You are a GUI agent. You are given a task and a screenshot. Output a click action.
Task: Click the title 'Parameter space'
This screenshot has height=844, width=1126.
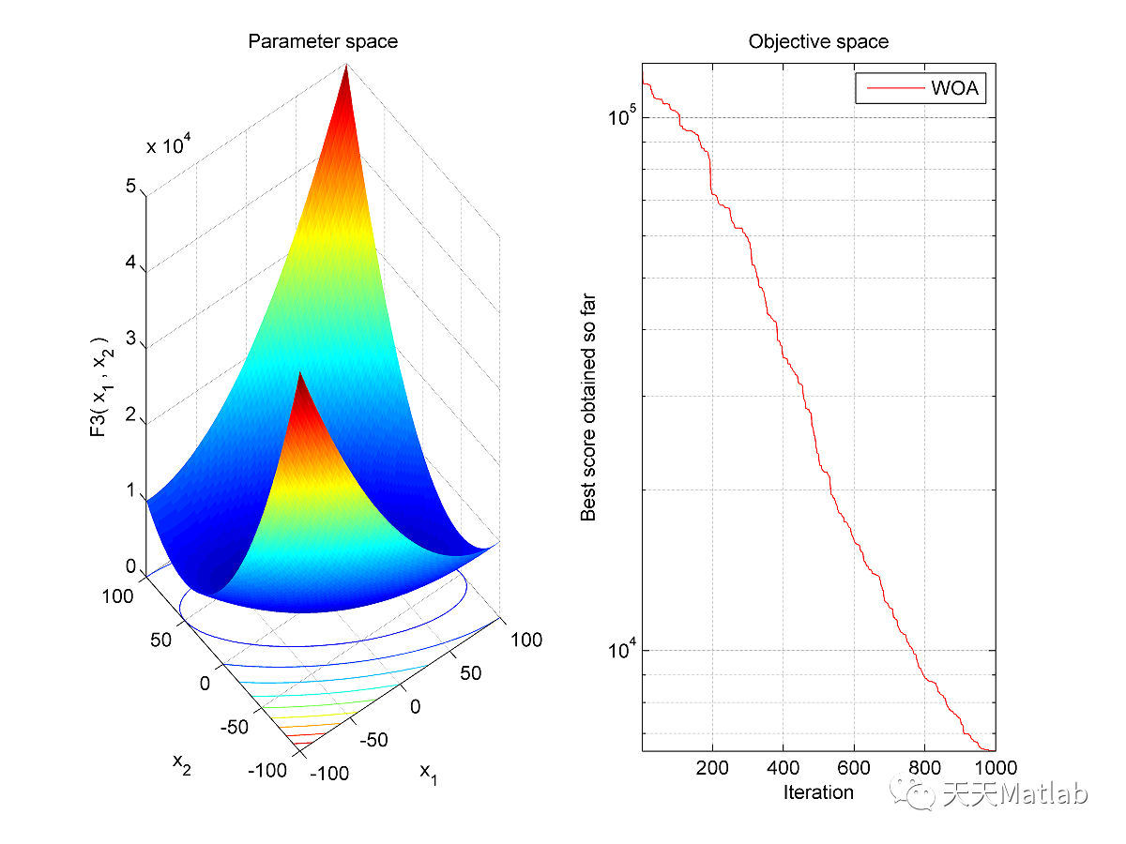(322, 41)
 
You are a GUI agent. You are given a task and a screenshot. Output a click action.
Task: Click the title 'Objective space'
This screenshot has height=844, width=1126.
(817, 41)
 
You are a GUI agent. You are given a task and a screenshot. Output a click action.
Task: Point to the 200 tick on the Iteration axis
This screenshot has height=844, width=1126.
(713, 767)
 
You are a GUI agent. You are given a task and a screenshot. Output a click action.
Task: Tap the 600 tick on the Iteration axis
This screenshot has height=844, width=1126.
(854, 767)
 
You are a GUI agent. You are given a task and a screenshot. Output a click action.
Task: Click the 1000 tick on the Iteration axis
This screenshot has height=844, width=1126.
(993, 767)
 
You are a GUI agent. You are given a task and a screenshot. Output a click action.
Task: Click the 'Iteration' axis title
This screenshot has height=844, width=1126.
(817, 792)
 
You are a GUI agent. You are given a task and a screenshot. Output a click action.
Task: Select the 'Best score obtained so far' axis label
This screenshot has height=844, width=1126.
(588, 407)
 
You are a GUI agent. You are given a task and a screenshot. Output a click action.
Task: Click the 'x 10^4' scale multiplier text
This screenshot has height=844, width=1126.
(170, 145)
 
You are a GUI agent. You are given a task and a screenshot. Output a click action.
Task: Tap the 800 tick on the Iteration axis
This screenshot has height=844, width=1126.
(924, 767)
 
